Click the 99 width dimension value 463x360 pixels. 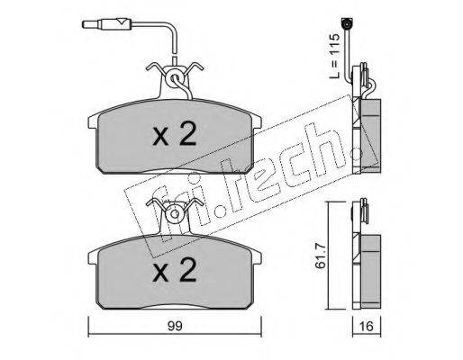pos(175,327)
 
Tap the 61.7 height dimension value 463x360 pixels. pos(320,256)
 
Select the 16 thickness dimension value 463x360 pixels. pos(366,326)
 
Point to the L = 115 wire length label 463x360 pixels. pos(334,56)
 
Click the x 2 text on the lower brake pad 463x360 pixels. pos(175,270)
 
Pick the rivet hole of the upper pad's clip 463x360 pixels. pos(175,78)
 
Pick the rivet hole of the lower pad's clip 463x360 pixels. pos(175,213)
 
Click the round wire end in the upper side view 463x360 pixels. pos(347,22)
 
